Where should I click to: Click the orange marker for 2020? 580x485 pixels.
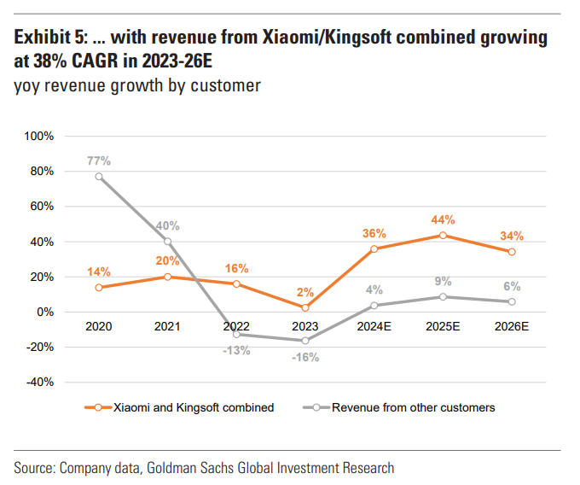pyautogui.click(x=99, y=287)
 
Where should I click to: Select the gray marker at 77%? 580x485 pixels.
pyautogui.click(x=99, y=177)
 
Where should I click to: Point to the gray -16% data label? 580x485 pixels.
pyautogui.click(x=305, y=357)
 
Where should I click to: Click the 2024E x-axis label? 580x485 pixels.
pyautogui.click(x=374, y=325)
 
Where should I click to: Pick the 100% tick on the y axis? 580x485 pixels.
pyautogui.click(x=39, y=136)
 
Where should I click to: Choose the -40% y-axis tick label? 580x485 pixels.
pyautogui.click(x=39, y=382)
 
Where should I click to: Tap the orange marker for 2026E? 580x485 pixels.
pyautogui.click(x=512, y=252)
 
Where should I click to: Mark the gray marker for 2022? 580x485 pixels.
pyautogui.click(x=236, y=335)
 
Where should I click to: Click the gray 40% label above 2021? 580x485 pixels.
pyautogui.click(x=167, y=226)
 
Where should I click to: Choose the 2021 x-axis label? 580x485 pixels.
pyautogui.click(x=168, y=325)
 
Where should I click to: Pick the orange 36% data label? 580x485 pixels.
pyautogui.click(x=374, y=233)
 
